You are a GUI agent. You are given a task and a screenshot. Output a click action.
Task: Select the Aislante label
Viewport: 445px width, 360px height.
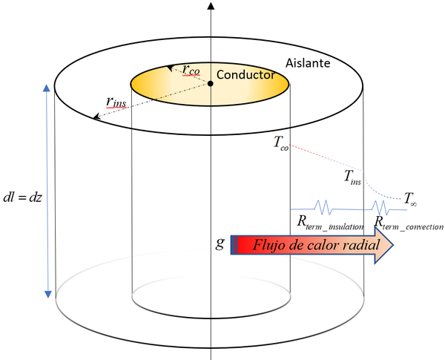pos(308,65)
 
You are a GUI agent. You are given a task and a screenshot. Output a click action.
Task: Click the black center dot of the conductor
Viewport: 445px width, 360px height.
pos(211,83)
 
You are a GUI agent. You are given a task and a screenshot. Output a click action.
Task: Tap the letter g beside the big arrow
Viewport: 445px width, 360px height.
pos(220,243)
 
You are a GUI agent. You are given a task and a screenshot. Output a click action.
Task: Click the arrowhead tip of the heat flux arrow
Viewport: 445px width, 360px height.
pos(394,245)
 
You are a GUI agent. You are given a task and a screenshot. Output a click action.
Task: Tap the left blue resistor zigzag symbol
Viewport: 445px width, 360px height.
pos(325,208)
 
